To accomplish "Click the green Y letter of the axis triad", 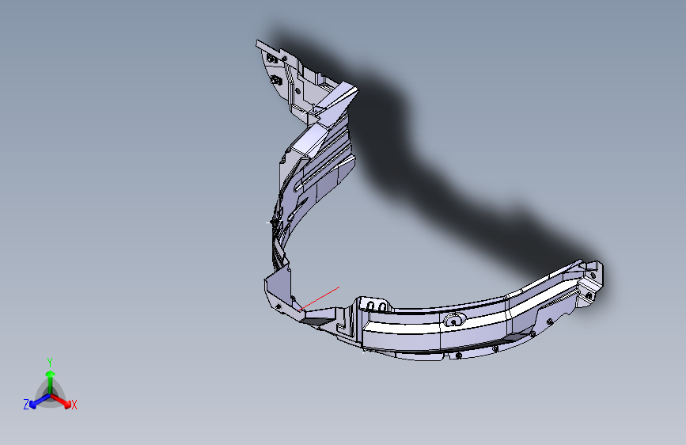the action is point(50,363).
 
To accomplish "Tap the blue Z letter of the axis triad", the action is point(26,405).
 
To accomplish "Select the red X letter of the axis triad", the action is point(74,405).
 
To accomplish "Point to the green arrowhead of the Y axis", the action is point(51,374).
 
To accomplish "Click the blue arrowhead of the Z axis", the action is point(32,405).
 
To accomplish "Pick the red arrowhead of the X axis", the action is point(67,403).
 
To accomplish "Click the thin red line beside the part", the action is point(319,299).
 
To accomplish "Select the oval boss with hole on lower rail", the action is point(453,320).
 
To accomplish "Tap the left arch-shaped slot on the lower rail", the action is point(371,306).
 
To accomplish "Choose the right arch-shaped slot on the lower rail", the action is point(382,306).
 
